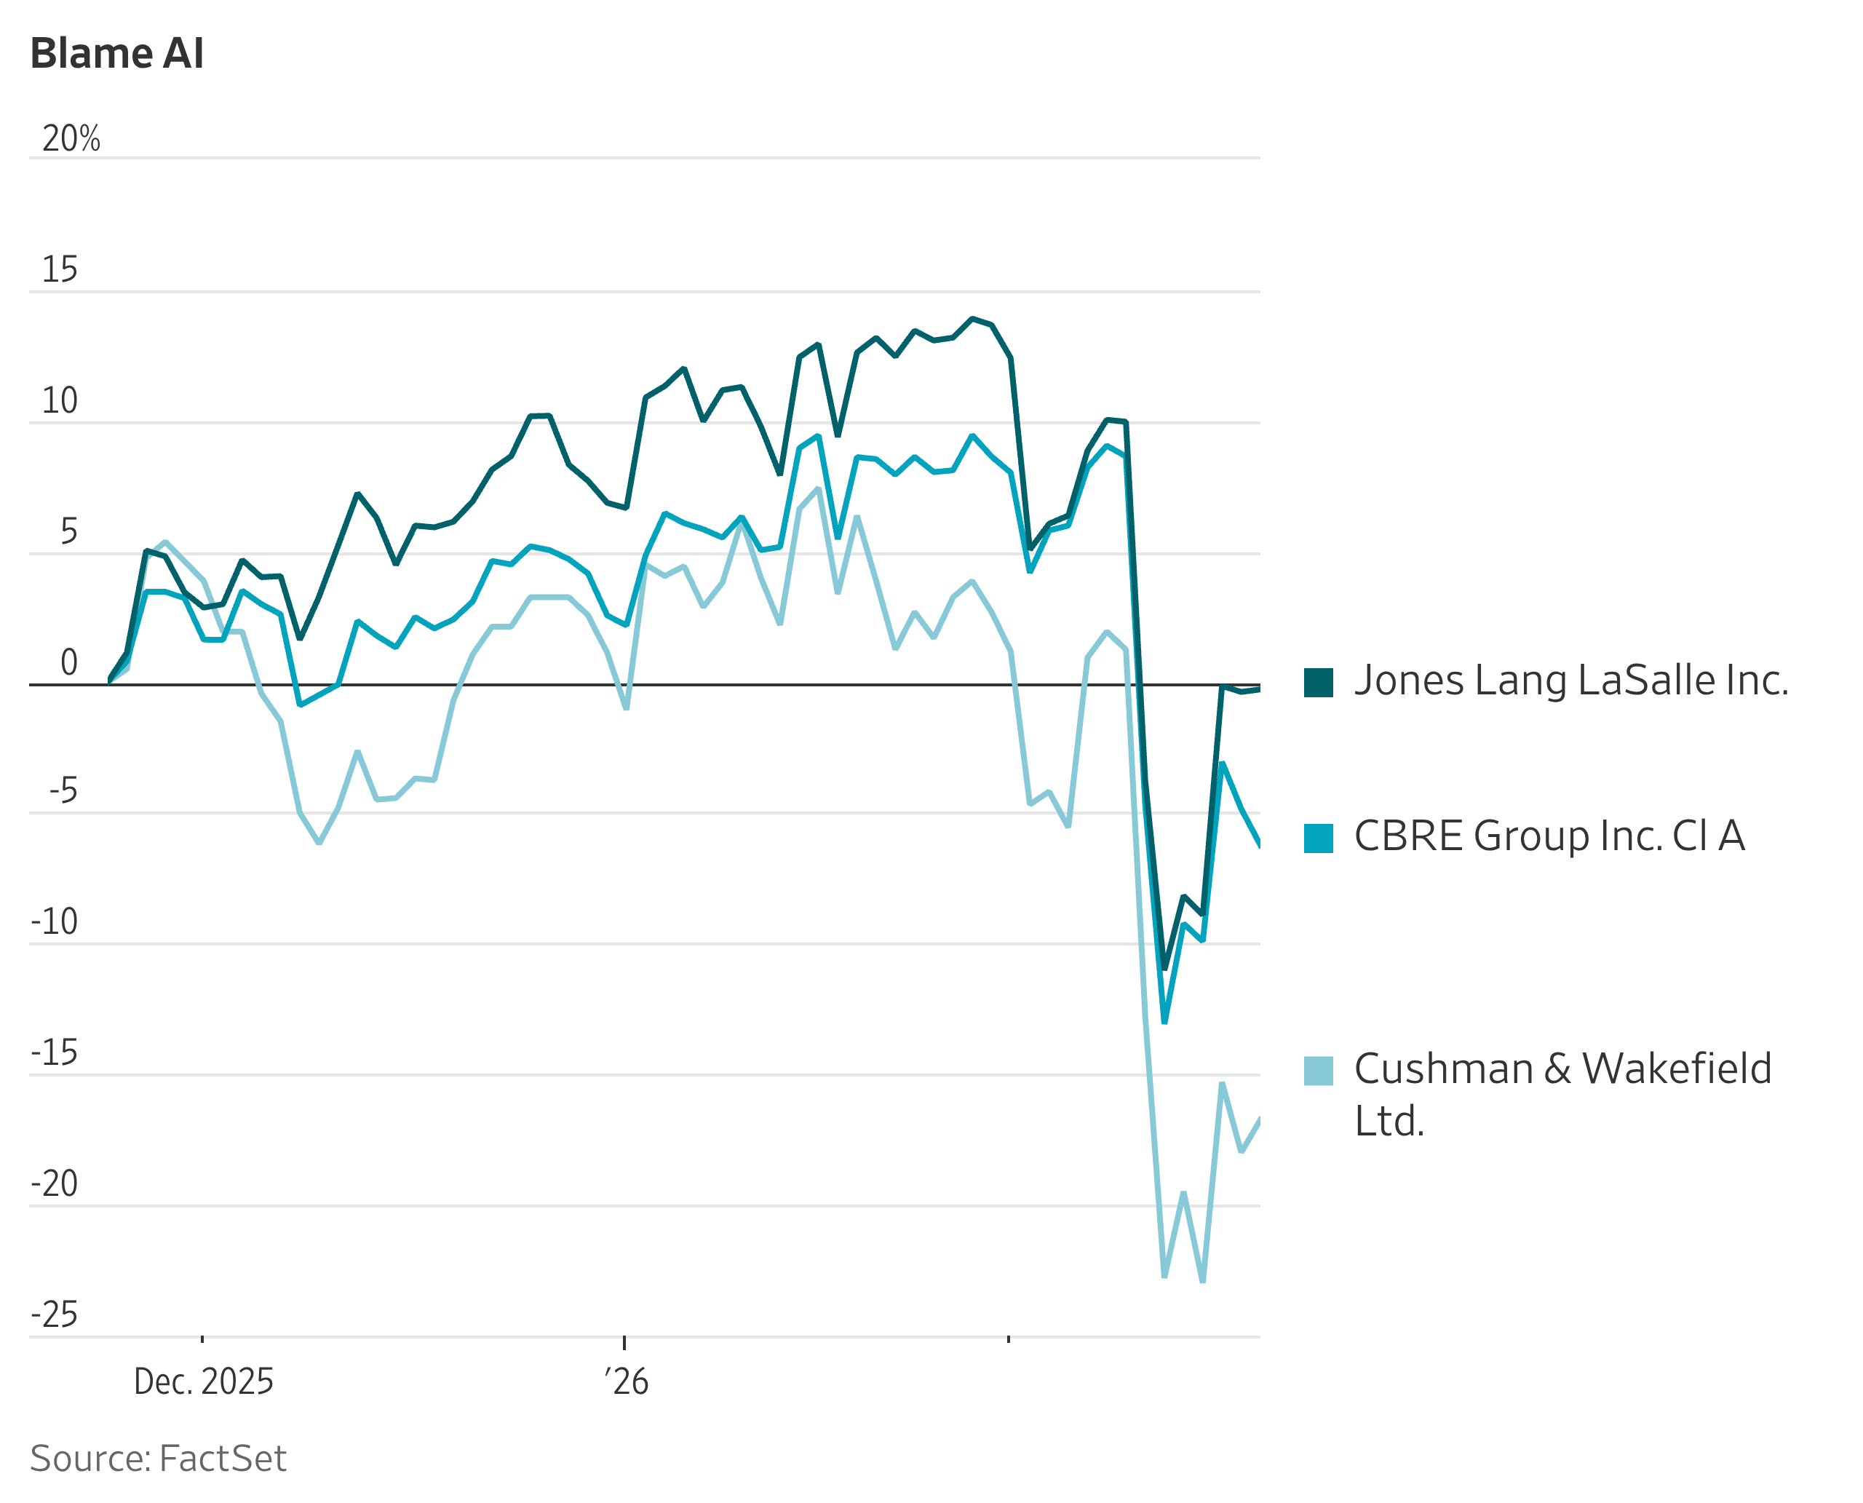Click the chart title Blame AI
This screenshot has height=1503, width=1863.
pos(117,54)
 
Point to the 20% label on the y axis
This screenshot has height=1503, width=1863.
pos(71,138)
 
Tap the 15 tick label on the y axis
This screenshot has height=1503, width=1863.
pos(60,270)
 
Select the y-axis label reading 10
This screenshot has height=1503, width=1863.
pos(60,401)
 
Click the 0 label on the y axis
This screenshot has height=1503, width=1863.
pos(68,662)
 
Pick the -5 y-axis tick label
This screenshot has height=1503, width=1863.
pos(63,790)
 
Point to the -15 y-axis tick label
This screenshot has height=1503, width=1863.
pos(54,1052)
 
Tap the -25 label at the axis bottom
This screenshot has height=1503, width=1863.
pos(54,1314)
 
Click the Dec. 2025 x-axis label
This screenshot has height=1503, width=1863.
pos(204,1381)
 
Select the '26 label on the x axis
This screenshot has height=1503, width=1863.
pos(626,1381)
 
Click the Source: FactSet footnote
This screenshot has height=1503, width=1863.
pos(158,1459)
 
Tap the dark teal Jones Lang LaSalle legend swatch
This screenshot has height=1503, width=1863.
pos(1318,682)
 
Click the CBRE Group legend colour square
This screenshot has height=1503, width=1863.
pos(1318,838)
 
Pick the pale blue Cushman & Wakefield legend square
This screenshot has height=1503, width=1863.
pos(1318,1071)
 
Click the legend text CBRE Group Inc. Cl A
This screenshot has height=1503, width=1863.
pos(1549,836)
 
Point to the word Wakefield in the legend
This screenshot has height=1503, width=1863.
pos(1676,1069)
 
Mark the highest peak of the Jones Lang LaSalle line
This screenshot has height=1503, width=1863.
pos(972,320)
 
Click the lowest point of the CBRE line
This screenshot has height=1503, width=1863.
pos(1164,1023)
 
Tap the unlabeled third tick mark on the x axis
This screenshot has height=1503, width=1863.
pos(1009,1339)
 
